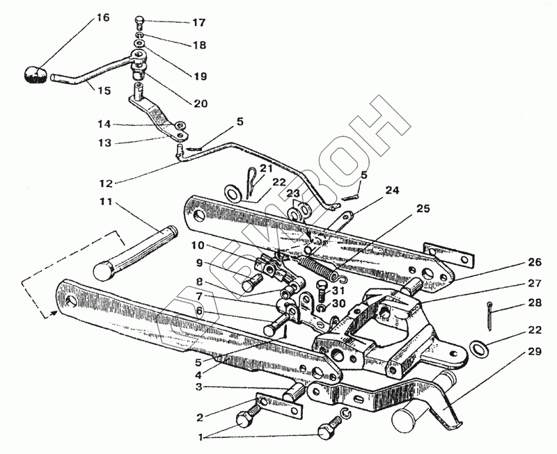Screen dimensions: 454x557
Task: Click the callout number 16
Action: pyautogui.click(x=103, y=17)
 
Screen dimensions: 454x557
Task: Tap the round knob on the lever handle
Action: pyautogui.click(x=33, y=73)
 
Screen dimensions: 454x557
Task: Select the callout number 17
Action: pyautogui.click(x=199, y=22)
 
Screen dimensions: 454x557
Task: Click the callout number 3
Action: pyautogui.click(x=198, y=387)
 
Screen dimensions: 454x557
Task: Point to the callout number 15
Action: pyautogui.click(x=103, y=90)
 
